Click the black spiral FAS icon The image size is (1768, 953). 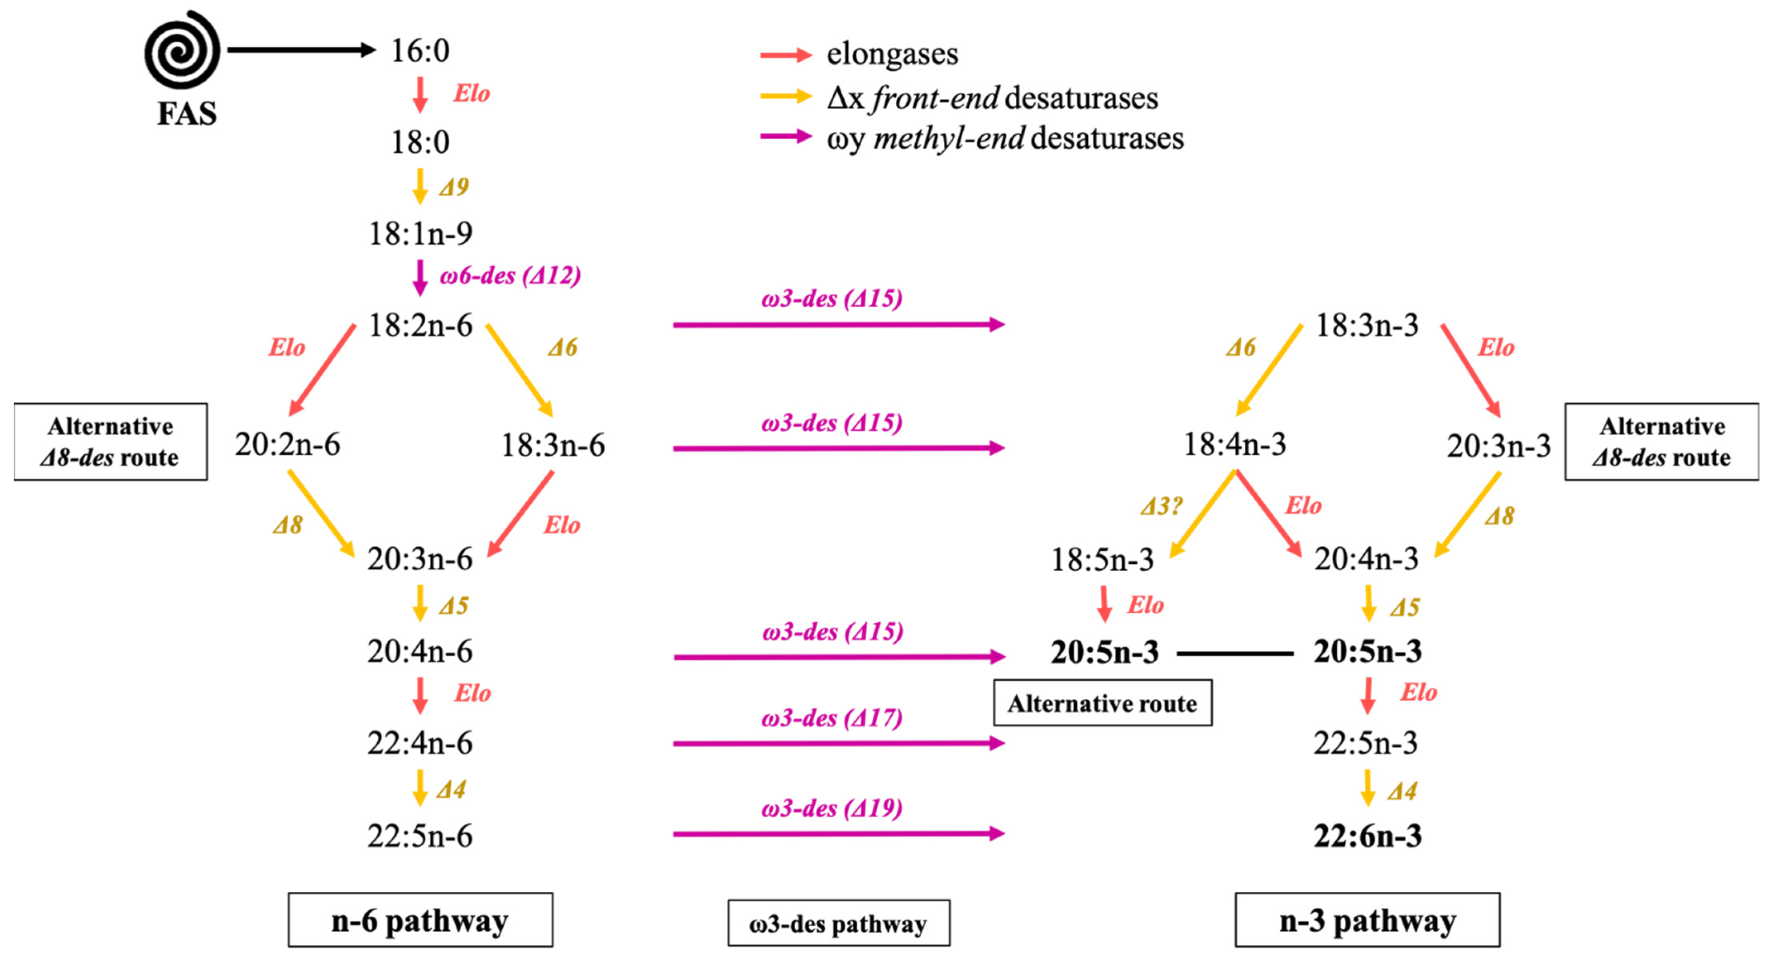pyautogui.click(x=182, y=50)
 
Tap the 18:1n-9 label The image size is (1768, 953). pyautogui.click(x=420, y=234)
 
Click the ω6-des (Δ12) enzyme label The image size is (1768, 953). pyautogui.click(x=511, y=276)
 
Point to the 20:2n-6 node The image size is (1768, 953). pyautogui.click(x=288, y=444)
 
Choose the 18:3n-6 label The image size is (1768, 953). pyautogui.click(x=553, y=445)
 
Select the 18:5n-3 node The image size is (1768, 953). pyautogui.click(x=1102, y=560)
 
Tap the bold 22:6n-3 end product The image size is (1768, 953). pyautogui.click(x=1367, y=836)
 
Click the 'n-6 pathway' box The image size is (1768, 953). pyautogui.click(x=420, y=920)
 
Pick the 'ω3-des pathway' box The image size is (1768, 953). pyautogui.click(x=839, y=923)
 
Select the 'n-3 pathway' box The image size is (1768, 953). pyautogui.click(x=1367, y=920)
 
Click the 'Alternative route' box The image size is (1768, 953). pyautogui.click(x=1102, y=703)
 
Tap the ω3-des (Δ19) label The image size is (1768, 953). pyautogui.click(x=832, y=808)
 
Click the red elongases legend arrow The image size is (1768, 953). pyautogui.click(x=786, y=55)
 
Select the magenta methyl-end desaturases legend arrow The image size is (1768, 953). pyautogui.click(x=786, y=136)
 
